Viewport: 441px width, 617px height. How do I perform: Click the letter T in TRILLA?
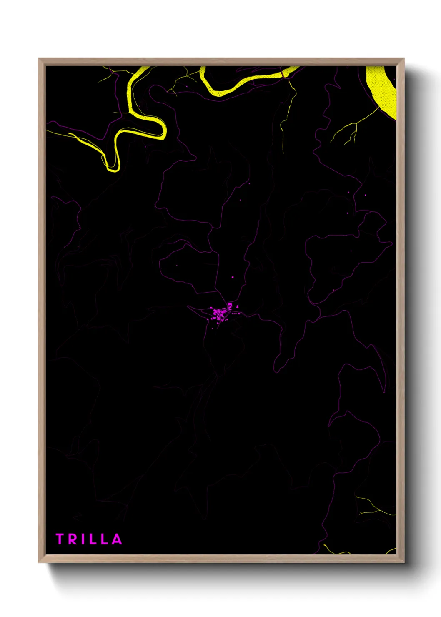point(59,539)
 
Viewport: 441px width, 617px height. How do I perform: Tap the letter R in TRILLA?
point(72,539)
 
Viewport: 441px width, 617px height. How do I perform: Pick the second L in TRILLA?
point(105,539)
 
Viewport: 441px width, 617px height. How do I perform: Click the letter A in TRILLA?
point(117,539)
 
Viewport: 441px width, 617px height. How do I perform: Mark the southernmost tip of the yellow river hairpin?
point(112,169)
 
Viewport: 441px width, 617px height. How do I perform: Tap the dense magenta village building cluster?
point(218,314)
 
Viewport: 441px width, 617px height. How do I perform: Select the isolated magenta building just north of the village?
point(233,277)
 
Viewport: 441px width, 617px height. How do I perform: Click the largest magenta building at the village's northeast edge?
point(230,306)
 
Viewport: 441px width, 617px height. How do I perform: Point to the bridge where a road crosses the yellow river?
point(283,74)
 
